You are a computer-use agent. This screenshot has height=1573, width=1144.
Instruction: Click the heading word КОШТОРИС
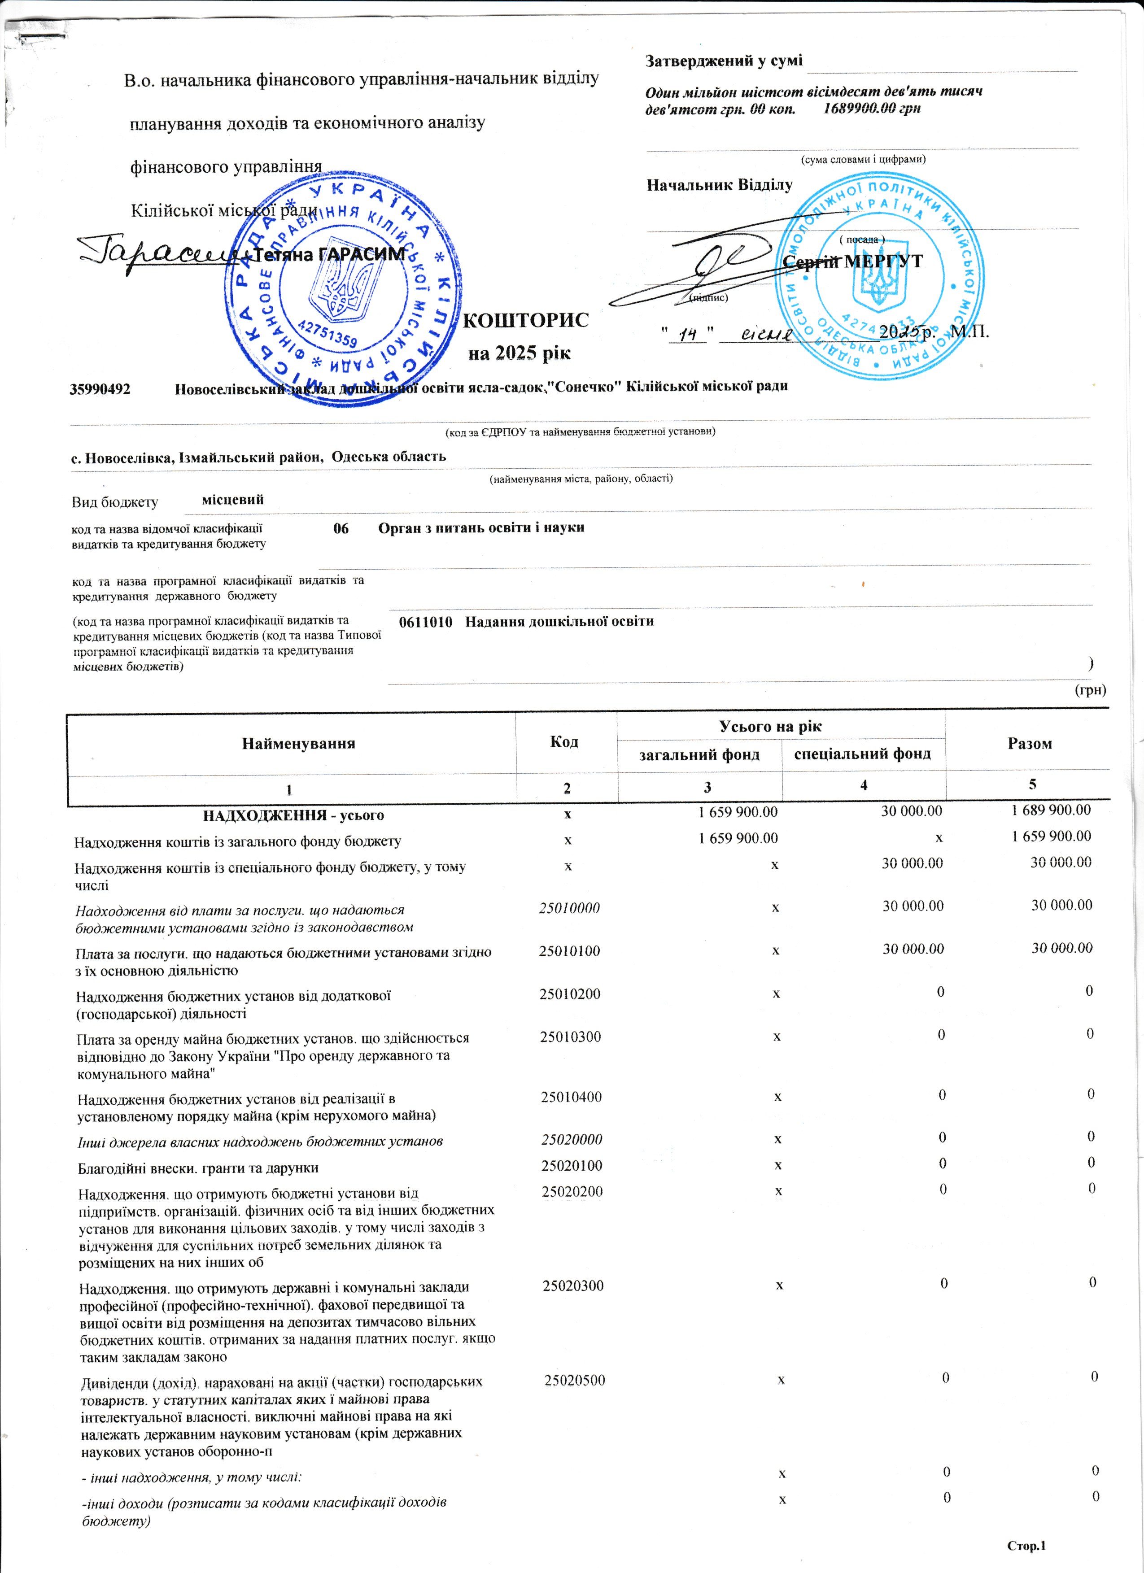pyautogui.click(x=525, y=320)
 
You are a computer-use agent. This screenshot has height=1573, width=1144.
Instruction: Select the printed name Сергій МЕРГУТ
pyautogui.click(x=853, y=261)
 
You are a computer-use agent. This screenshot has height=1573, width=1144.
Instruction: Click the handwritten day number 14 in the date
pyautogui.click(x=687, y=334)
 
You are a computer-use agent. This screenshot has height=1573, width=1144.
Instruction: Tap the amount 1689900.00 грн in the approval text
pyautogui.click(x=872, y=109)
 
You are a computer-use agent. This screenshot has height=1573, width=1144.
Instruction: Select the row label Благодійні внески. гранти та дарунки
pyautogui.click(x=198, y=1168)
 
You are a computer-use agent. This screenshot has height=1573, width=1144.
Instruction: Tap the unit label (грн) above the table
pyautogui.click(x=1090, y=690)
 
